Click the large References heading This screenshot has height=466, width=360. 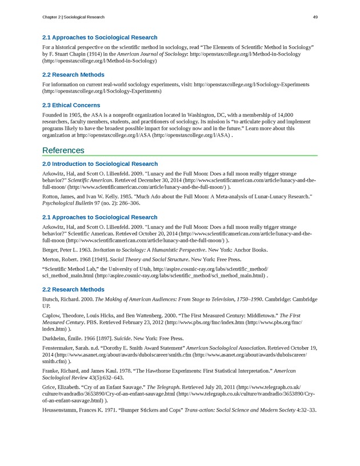coord(63,150)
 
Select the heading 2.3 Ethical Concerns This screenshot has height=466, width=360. coord(71,105)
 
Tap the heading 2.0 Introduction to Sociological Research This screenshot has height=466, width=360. coord(100,164)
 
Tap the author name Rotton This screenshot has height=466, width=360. coord(51,196)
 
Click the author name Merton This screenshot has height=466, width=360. coord(53,258)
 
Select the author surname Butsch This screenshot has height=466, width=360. coord(51,299)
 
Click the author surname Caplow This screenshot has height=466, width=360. coord(53,314)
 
